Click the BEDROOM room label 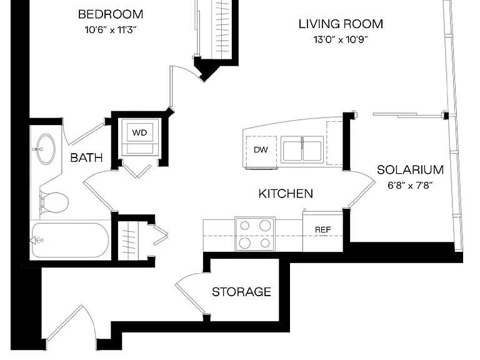click(111, 14)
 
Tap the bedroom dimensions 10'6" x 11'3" click(111, 30)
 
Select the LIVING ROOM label click(341, 24)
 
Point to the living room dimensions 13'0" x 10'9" click(340, 39)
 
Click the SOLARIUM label click(410, 170)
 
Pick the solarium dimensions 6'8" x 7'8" click(410, 185)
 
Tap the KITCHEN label click(286, 194)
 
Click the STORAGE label click(241, 292)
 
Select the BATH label click(86, 158)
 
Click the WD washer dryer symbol click(140, 132)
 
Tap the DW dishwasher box click(261, 149)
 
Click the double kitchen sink click(302, 150)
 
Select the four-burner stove click(255, 234)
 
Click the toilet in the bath click(54, 202)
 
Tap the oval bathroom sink click(46, 149)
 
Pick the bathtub click(71, 240)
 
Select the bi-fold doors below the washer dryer click(136, 171)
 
